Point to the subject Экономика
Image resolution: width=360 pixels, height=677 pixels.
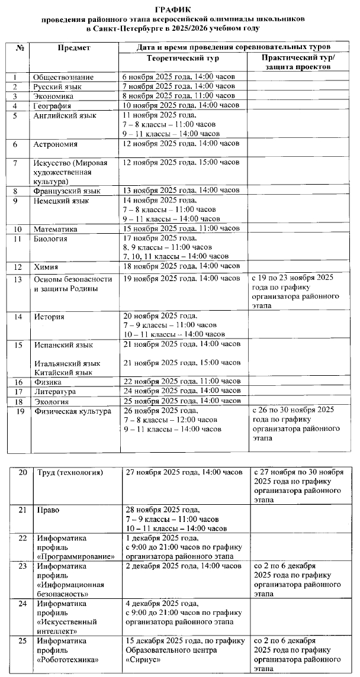pos(54,96)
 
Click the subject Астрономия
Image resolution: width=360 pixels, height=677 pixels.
pos(56,144)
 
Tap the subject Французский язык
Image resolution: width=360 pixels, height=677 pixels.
pos(67,191)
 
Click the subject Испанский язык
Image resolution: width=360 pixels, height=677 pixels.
pos(63,344)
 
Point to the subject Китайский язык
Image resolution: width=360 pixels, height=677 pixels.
pos(63,372)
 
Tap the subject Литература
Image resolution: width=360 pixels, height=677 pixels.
pos(55,392)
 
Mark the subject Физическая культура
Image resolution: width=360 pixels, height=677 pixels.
pos(73,411)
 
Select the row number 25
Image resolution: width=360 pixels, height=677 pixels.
pos(23,641)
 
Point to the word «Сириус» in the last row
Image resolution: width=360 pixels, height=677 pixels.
pos(144,660)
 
